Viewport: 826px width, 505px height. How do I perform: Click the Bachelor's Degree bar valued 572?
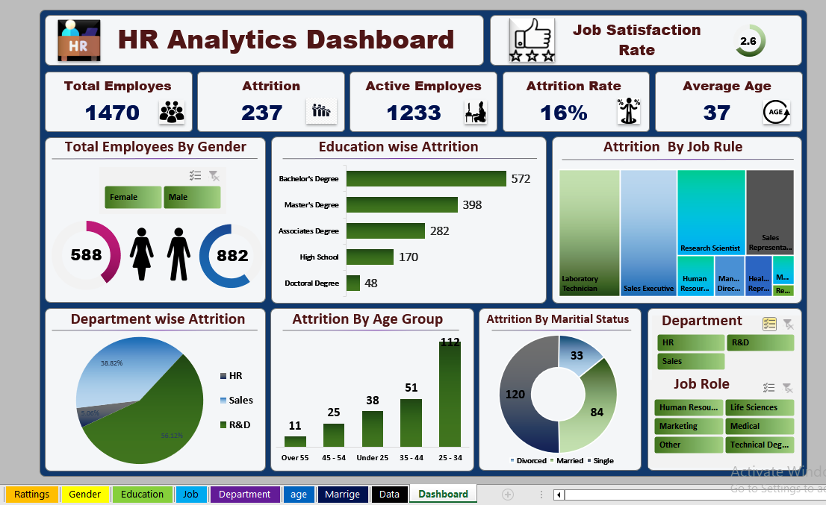coord(426,179)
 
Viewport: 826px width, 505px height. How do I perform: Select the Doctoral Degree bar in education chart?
coord(353,283)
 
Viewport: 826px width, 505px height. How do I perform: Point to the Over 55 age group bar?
coord(295,440)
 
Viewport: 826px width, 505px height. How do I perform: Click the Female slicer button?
coord(133,198)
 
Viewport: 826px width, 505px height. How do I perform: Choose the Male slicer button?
coord(192,198)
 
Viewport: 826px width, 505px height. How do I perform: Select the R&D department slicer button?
coord(760,342)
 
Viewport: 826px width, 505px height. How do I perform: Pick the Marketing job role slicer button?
coord(689,426)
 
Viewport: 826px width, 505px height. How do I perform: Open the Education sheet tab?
coord(142,495)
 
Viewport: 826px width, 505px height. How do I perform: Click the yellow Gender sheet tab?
coord(85,495)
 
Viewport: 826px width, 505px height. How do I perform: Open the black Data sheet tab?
coord(389,495)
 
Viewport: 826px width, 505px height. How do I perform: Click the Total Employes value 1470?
coord(112,113)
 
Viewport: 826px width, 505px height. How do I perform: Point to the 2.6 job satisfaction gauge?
coord(748,42)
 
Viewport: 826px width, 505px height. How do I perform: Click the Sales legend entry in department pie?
coord(240,401)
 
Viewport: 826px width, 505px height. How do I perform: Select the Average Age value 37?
coord(716,113)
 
